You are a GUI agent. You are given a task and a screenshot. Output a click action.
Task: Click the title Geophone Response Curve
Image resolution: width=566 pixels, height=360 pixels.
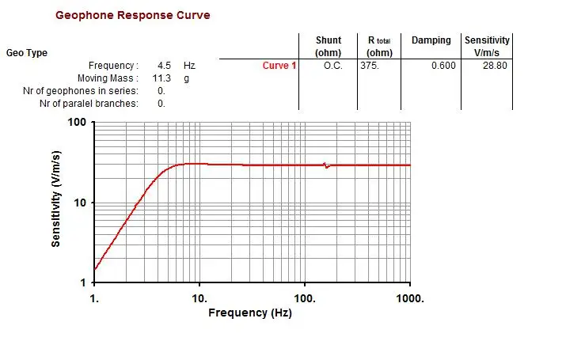point(132,16)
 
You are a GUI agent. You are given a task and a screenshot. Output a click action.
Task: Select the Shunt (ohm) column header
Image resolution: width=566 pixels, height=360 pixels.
point(328,46)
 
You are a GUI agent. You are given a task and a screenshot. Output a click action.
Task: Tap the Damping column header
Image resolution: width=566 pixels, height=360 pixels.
point(431,40)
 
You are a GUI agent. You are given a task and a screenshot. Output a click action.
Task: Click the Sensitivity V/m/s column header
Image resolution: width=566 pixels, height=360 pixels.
point(487,46)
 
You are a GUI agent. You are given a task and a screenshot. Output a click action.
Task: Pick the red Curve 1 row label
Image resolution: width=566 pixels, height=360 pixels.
point(279,66)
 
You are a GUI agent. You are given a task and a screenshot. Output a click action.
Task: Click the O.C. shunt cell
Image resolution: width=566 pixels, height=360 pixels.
point(332,66)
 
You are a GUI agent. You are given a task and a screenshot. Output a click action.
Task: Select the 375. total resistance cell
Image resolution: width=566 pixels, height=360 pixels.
point(370,66)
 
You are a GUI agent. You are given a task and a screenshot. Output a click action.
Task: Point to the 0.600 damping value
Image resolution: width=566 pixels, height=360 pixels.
point(443,66)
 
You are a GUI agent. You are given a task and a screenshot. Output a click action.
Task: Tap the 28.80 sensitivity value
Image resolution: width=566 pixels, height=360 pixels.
point(495,66)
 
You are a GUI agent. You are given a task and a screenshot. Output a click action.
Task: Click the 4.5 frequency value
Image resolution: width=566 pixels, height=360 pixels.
point(165,66)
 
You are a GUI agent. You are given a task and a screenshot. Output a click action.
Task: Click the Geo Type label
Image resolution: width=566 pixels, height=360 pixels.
point(27,53)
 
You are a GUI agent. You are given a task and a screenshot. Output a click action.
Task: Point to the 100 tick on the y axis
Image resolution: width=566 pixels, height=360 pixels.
point(77,123)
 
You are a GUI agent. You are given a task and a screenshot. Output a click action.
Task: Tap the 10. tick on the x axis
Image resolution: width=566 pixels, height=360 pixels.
point(199,298)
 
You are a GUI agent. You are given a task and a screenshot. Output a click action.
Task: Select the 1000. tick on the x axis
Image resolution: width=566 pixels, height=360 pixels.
point(408,298)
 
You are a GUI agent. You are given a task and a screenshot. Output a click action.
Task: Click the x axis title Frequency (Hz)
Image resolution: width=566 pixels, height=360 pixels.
point(250,313)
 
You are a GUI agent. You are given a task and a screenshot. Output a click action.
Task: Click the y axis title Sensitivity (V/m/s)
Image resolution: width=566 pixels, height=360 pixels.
point(56,202)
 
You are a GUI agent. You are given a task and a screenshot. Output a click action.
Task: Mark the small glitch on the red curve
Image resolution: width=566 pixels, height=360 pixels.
point(326,165)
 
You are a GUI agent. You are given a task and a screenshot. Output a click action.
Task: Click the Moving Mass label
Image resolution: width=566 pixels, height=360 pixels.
point(108,78)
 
